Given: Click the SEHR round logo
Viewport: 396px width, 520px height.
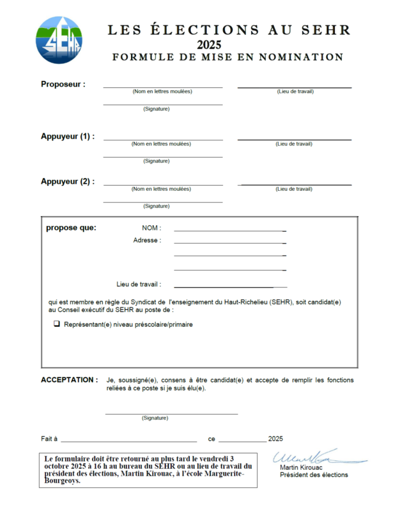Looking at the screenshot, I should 59,40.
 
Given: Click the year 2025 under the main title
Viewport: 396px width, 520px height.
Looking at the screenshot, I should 209,44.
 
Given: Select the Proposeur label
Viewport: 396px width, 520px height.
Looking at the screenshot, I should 63,84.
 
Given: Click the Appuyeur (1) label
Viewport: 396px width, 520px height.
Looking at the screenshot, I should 68,136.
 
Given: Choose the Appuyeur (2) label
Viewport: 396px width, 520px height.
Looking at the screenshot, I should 68,182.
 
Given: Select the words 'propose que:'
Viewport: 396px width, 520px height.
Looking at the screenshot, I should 71,228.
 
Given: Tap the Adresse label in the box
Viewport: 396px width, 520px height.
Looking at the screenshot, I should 147,240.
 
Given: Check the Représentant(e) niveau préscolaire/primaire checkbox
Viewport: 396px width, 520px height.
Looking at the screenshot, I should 57,324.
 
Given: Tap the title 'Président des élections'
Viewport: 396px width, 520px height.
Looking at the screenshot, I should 314,475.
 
